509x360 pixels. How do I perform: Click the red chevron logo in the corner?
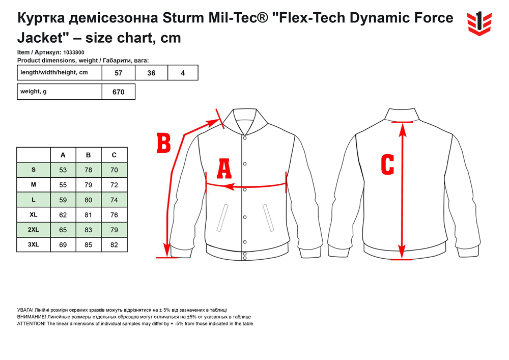[x=479, y=24]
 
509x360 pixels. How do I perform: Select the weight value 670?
[x=119, y=92]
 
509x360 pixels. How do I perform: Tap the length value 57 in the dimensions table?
[x=119, y=73]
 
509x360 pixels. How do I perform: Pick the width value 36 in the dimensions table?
[x=151, y=73]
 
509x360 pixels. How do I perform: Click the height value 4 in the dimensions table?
[x=183, y=73]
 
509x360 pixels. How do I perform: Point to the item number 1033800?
[x=74, y=52]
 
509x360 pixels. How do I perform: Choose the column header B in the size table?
[x=88, y=155]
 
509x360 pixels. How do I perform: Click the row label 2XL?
[x=34, y=230]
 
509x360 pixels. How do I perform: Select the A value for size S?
[x=63, y=170]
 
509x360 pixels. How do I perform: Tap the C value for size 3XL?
[x=114, y=245]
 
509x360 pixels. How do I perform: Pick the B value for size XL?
[x=88, y=215]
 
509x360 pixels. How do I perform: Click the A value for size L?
[x=63, y=200]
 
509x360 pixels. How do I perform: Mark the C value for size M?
[x=114, y=185]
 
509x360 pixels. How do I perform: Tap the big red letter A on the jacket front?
[x=224, y=168]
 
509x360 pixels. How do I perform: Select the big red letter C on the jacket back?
[x=387, y=164]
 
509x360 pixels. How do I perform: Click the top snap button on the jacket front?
[x=245, y=138]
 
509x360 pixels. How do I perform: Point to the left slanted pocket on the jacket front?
[x=222, y=218]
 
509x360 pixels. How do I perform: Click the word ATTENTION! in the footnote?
[x=31, y=324]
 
